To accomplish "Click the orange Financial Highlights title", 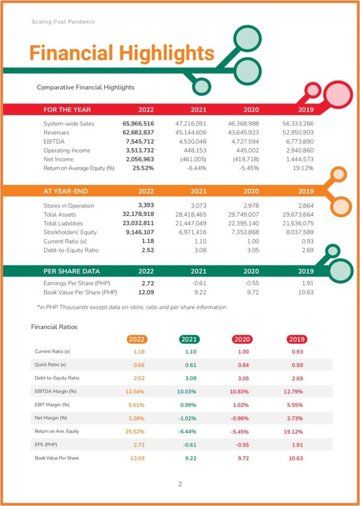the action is click(122, 53).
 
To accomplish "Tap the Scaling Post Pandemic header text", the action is click(63, 22).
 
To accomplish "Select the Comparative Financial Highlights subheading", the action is click(86, 87).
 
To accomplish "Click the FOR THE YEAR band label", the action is click(67, 110).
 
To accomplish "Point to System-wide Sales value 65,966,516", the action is click(138, 124).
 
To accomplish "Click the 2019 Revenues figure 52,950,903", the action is click(298, 132).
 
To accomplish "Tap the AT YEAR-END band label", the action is click(66, 191).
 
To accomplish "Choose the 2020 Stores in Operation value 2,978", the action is click(251, 206).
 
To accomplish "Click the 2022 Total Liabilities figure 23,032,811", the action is click(138, 223).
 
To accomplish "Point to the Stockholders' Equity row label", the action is click(70, 232).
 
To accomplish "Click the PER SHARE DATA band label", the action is click(72, 271).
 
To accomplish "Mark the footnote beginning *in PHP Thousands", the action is click(132, 307).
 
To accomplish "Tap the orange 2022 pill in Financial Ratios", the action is click(137, 339).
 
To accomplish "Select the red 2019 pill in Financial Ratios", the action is click(297, 339).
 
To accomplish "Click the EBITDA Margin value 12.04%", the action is click(135, 392).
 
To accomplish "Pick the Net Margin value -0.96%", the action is click(239, 419).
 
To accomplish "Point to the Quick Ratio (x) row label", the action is click(50, 365).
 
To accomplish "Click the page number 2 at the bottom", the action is click(180, 484).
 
